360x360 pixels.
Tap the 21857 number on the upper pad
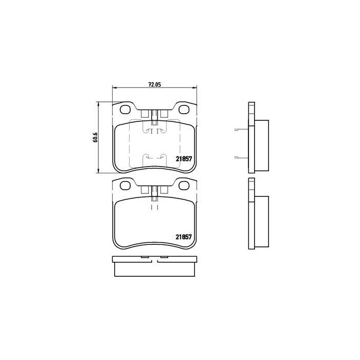[184, 159]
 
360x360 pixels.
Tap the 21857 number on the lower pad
[184, 237]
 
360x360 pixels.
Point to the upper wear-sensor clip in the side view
[239, 129]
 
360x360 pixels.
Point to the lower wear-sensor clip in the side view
[239, 157]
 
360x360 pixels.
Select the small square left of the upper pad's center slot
[145, 114]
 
